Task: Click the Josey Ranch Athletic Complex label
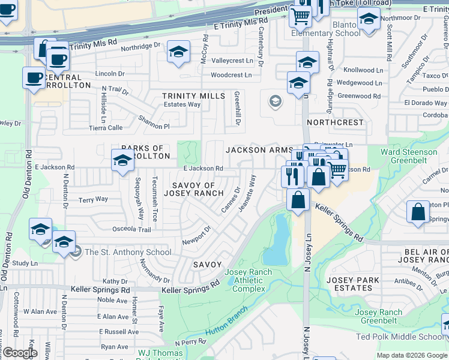[248, 281]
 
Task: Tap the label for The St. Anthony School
[127, 252]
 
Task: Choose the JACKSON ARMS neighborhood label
[259, 150]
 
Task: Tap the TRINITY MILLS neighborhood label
[193, 96]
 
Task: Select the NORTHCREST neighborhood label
[335, 122]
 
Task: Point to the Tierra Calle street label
[106, 127]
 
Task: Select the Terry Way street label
[94, 199]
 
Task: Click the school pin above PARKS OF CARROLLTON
[122, 161]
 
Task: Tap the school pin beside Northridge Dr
[178, 53]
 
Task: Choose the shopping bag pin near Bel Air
[418, 212]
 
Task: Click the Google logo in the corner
[20, 353]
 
